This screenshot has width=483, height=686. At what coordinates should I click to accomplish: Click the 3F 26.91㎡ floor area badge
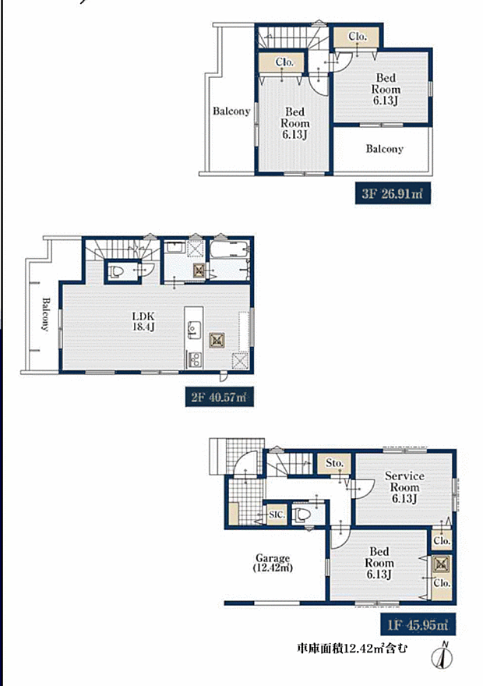(393, 194)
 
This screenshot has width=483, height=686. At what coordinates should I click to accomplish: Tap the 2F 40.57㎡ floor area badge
(219, 398)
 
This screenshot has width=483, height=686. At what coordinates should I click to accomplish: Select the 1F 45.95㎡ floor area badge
(418, 624)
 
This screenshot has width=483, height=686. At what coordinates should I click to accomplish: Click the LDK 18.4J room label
(143, 321)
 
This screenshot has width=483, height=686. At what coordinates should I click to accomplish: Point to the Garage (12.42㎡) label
(273, 563)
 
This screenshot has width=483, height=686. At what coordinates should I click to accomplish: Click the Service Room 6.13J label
(404, 486)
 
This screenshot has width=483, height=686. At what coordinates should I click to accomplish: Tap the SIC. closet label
(277, 515)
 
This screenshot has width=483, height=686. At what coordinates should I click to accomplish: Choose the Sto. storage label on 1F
(335, 463)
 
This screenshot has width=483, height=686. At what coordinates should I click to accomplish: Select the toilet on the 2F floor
(116, 272)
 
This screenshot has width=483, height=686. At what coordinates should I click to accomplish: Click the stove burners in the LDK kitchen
(194, 360)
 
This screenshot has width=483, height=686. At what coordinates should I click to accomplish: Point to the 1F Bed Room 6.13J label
(379, 563)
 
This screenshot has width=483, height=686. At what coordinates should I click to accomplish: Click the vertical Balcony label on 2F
(45, 313)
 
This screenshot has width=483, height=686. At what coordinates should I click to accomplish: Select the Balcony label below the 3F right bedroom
(385, 149)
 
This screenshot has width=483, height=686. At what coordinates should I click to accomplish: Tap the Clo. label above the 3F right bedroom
(358, 37)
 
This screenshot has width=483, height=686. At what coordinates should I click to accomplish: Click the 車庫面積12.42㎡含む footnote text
(351, 648)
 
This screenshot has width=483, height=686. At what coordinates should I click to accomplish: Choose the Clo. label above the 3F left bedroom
(284, 62)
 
